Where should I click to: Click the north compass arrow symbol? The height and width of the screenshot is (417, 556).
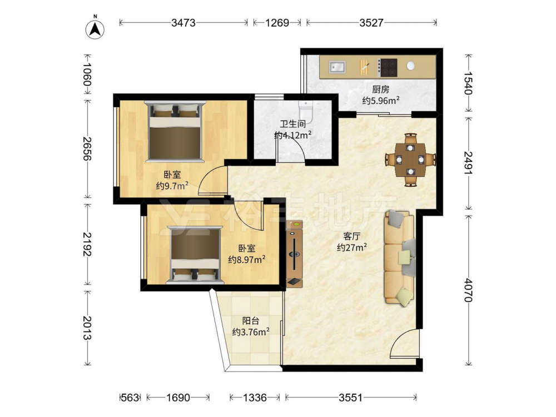95,29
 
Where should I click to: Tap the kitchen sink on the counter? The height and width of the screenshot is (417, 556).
337,67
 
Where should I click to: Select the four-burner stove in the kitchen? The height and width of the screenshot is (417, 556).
387,67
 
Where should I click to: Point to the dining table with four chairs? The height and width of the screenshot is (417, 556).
411,159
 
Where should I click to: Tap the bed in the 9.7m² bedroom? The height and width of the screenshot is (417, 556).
175,131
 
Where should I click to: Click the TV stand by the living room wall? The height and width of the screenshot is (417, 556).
295,253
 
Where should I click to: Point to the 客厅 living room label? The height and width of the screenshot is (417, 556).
352,236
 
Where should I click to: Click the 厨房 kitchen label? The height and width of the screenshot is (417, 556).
380,90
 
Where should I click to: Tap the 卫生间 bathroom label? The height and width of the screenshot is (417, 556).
293,124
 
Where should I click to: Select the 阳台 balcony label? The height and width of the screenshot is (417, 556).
250,321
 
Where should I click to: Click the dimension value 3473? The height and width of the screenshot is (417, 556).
183,23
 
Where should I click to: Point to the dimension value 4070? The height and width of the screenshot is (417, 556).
468,290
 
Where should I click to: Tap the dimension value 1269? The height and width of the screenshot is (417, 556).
277,23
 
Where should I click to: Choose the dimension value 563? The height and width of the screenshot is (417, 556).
130,398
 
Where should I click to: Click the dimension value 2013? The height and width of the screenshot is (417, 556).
87,327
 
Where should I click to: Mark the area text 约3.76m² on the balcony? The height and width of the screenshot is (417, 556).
251,332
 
